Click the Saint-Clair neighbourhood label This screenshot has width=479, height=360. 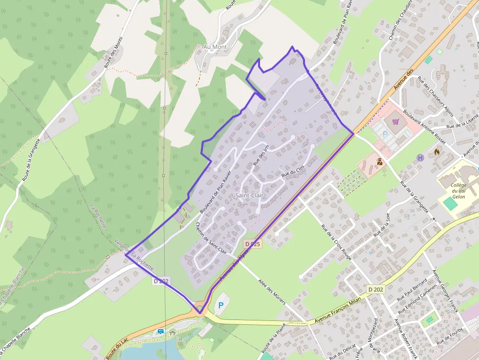(x=251, y=195)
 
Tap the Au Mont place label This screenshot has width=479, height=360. (x=215, y=47)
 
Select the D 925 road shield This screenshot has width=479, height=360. (x=253, y=243)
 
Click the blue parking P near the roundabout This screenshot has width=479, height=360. (x=221, y=305)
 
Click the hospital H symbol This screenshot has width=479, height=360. (x=420, y=157)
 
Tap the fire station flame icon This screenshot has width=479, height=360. (x=436, y=152)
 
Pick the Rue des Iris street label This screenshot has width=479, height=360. (x=261, y=155)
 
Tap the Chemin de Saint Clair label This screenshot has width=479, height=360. (x=211, y=238)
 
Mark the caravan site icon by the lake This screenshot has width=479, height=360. (x=161, y=332)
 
